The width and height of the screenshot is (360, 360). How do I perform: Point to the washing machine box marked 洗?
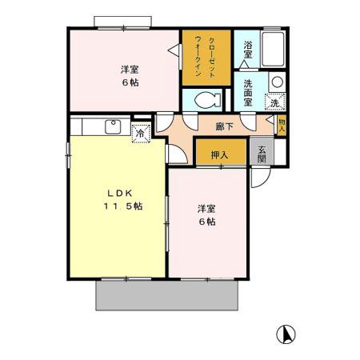[274, 101]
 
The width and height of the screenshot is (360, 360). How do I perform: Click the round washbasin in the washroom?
[276, 82]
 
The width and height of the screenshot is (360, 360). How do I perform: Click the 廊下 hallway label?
[224, 126]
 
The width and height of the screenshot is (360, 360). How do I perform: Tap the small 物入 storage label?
[282, 125]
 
